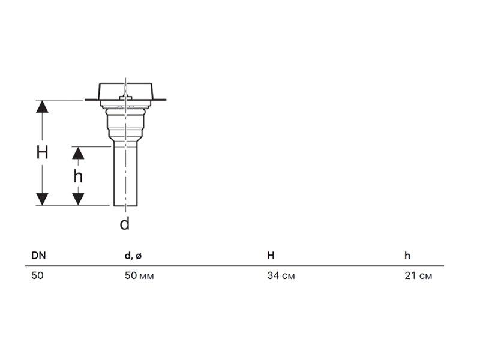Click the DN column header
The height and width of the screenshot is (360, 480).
coord(38,256)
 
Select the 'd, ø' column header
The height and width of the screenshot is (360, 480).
coord(133,256)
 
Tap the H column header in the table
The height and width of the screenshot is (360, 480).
coord(271,256)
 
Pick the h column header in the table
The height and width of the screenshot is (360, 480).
coord(407,256)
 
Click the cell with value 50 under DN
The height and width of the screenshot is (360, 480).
coord(37,275)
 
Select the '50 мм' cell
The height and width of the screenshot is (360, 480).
coord(139,275)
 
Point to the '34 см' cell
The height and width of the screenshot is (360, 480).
coord(281,275)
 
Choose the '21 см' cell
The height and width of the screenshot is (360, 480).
coord(418,275)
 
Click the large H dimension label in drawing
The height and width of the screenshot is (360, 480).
coord(42,152)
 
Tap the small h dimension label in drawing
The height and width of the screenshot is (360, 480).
coord(78,176)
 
